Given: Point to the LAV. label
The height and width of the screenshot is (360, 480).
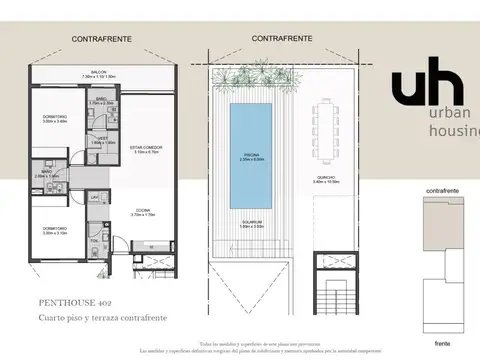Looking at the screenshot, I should [95, 197].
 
